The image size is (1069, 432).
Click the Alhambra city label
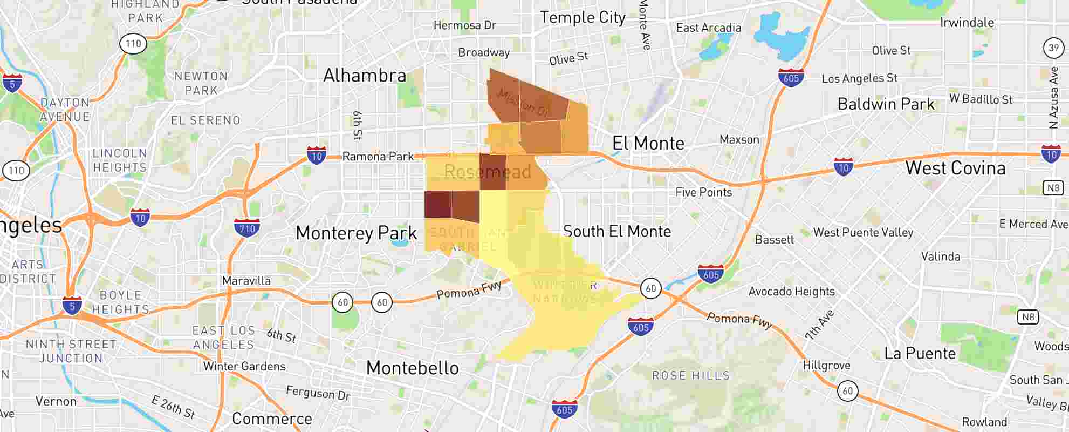[365, 76]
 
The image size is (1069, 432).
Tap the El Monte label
[648, 144]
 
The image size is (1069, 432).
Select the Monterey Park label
[357, 233]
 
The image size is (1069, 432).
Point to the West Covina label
[955, 168]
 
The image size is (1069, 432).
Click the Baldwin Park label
[886, 104]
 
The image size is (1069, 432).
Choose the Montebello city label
[413, 368]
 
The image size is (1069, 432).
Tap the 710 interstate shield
[247, 227]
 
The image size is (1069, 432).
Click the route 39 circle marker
[1053, 48]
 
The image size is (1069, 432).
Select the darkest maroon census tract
[437, 205]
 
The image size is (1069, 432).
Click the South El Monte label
[617, 232]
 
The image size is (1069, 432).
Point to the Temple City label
[583, 18]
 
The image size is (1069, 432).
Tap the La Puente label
[920, 354]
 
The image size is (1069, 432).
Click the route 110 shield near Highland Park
[133, 44]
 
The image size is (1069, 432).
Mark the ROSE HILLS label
[690, 375]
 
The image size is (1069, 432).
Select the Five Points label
[703, 192]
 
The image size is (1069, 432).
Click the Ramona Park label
[378, 157]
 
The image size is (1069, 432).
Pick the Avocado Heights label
[791, 292]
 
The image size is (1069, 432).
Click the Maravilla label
[246, 281]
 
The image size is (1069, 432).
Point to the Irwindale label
[967, 23]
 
